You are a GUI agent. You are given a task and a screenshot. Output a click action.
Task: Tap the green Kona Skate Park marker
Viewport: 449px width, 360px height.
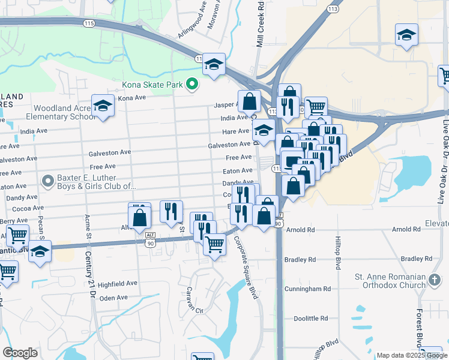tap(192, 84)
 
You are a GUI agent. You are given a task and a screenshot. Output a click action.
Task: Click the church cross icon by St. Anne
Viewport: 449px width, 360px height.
tap(436, 280)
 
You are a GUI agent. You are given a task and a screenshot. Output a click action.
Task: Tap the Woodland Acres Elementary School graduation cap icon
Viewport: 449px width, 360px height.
tap(103, 106)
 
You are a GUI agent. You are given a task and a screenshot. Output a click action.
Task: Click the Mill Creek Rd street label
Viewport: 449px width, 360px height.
tap(261, 24)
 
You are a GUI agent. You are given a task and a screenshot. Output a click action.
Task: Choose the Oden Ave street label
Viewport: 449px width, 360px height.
tap(113, 298)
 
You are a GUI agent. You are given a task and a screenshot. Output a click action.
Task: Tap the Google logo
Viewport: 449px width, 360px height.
tap(20, 353)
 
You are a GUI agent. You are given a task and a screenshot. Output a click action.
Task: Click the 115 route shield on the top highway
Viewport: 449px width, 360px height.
tap(89, 23)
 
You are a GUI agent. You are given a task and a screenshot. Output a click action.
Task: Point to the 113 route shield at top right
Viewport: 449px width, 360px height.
tap(333, 8)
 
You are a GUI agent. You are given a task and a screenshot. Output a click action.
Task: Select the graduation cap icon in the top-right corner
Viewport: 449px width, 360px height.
tap(406, 35)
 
